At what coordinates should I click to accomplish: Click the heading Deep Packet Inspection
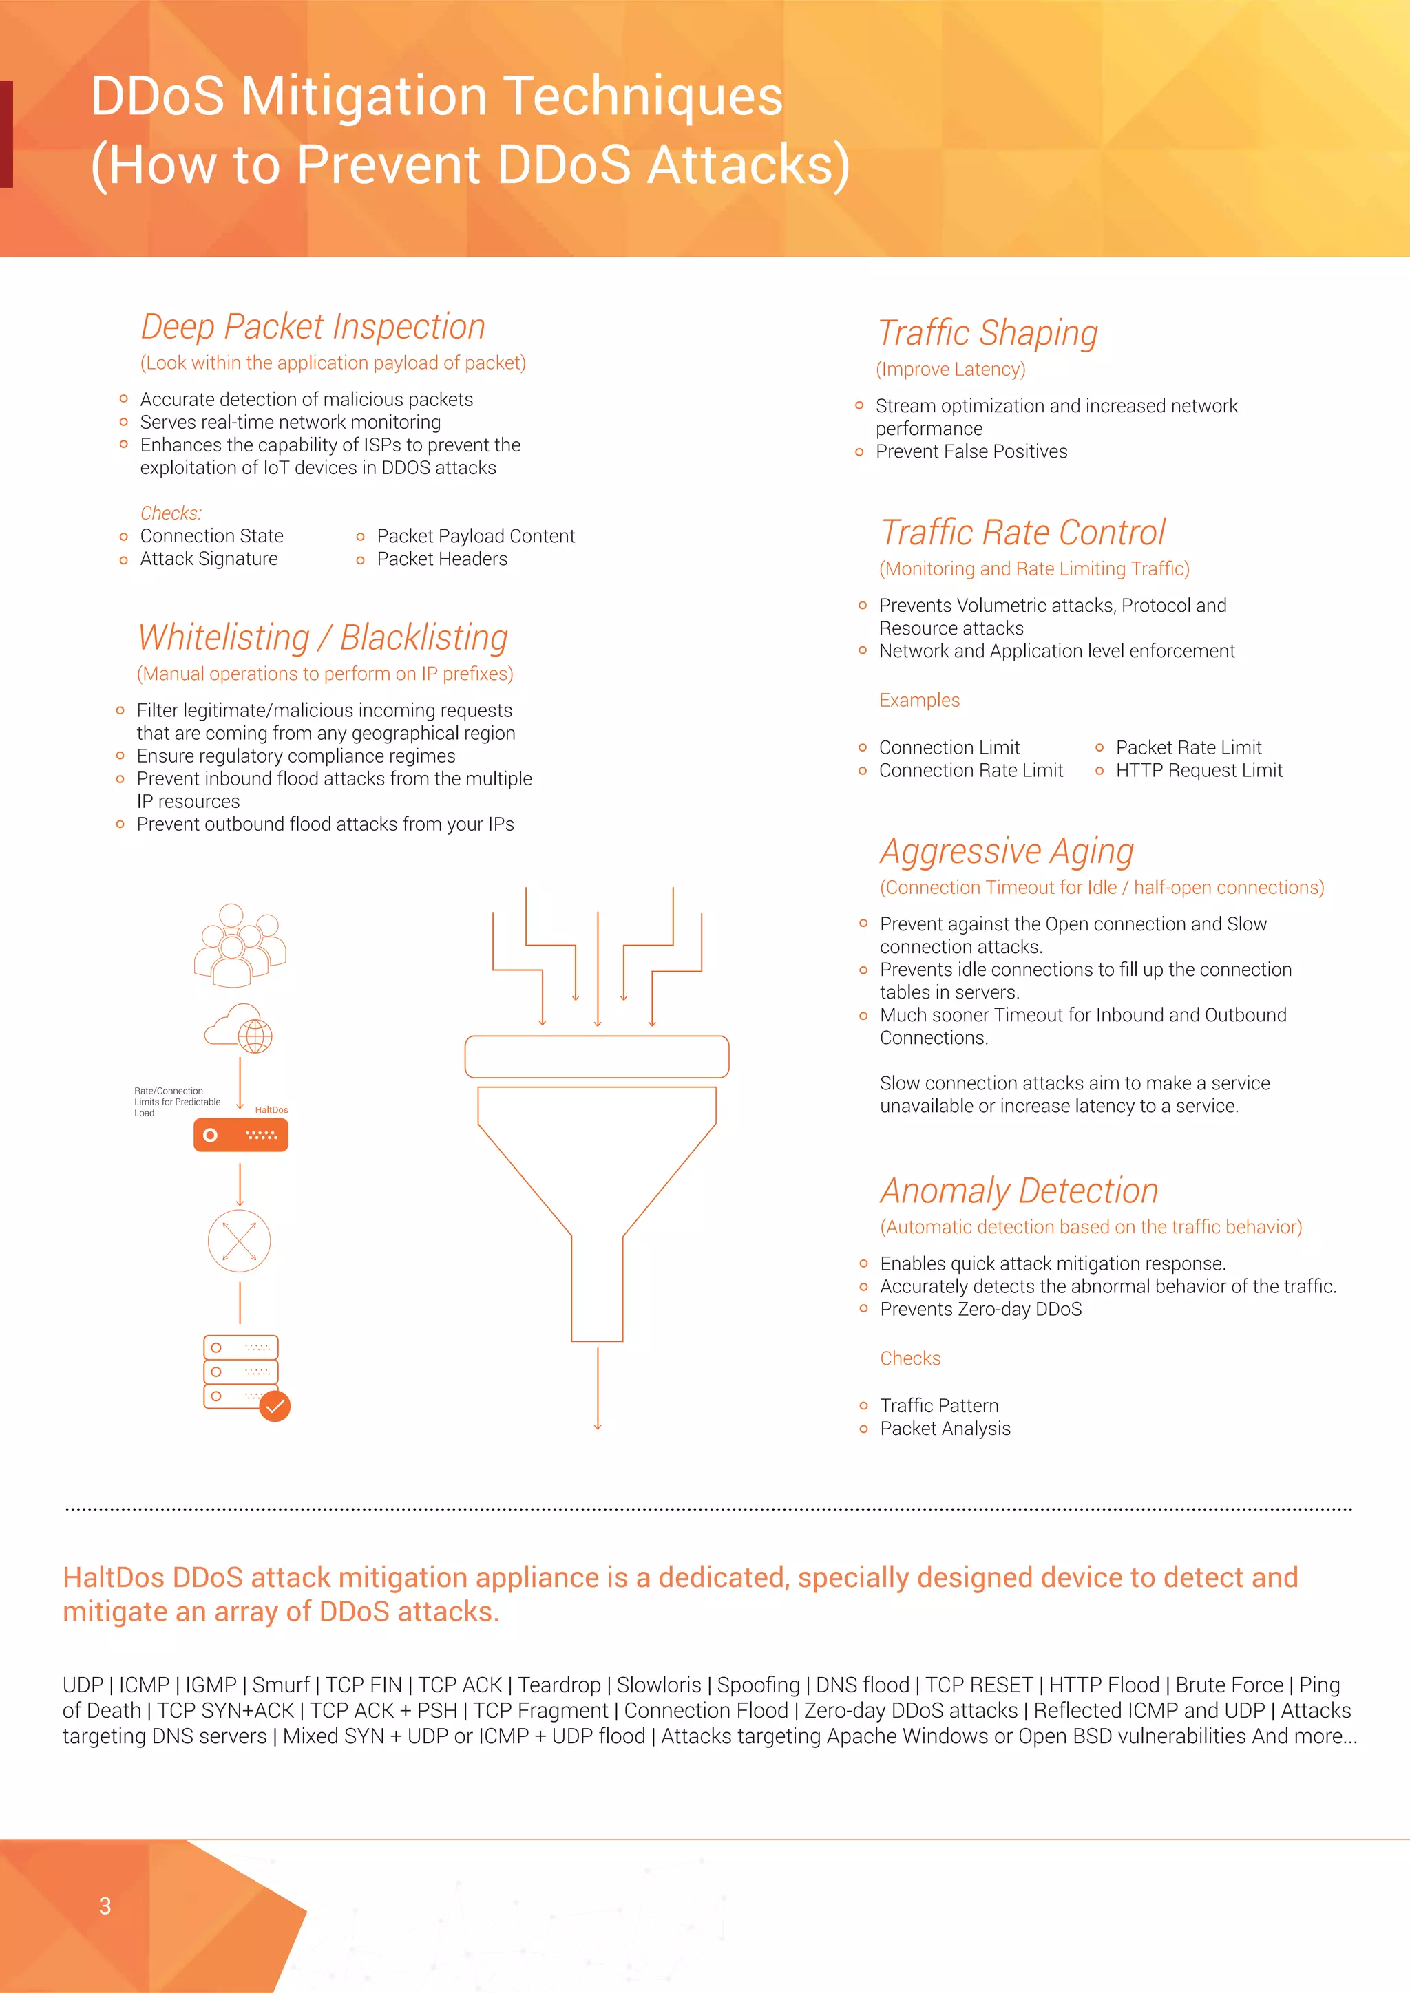coord(313,328)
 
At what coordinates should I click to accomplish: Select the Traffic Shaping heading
coord(987,333)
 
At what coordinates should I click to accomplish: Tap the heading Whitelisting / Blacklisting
coord(323,638)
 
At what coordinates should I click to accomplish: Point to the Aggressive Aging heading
coord(1007,851)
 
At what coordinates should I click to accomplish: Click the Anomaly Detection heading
coord(1018,1191)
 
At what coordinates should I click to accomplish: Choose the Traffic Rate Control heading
coord(1022,533)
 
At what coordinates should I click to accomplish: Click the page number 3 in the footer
coord(105,1906)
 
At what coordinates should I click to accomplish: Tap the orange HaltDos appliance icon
coord(240,1135)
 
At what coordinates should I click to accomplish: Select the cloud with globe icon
coord(240,1030)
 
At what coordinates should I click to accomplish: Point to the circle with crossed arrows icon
coord(240,1241)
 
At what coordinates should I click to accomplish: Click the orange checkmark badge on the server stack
coord(275,1406)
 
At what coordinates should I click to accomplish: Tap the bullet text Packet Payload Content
coord(475,536)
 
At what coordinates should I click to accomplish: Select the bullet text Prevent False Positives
coord(971,451)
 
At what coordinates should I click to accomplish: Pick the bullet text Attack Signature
coord(209,559)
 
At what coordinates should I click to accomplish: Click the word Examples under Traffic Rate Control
coord(918,701)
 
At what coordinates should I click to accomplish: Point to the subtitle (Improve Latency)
coord(950,370)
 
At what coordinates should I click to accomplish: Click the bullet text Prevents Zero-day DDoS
coord(980,1310)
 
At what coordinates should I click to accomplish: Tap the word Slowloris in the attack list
coord(658,1685)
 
